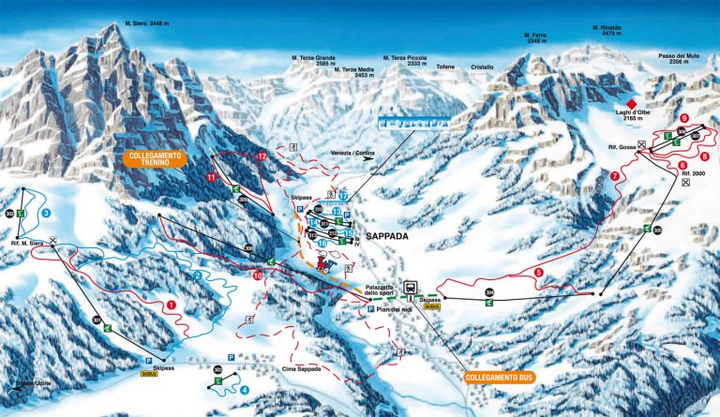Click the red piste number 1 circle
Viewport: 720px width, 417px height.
click(x=171, y=305)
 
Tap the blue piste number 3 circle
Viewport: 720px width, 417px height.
click(x=46, y=213)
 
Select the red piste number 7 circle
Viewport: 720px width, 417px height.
click(x=615, y=175)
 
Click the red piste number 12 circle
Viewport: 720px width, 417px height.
click(x=262, y=156)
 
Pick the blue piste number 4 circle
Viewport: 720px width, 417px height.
click(x=245, y=389)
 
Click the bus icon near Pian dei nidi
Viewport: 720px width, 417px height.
click(x=411, y=288)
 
